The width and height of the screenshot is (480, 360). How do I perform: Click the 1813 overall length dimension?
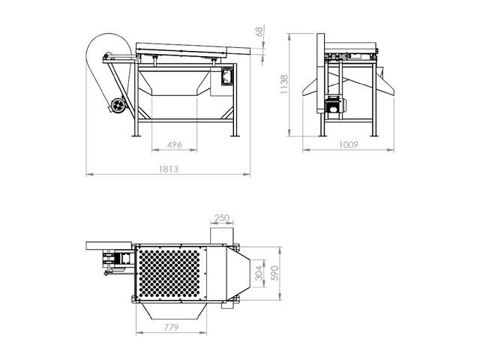[169, 169]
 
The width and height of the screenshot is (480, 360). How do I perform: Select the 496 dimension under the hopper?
[175, 144]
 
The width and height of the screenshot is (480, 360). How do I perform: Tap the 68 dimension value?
[259, 31]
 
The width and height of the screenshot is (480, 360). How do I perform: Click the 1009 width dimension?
[349, 144]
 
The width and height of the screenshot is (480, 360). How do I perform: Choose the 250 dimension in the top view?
[222, 218]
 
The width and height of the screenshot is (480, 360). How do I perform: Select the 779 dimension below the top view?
[172, 328]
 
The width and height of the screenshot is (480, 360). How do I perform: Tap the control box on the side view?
[225, 76]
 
